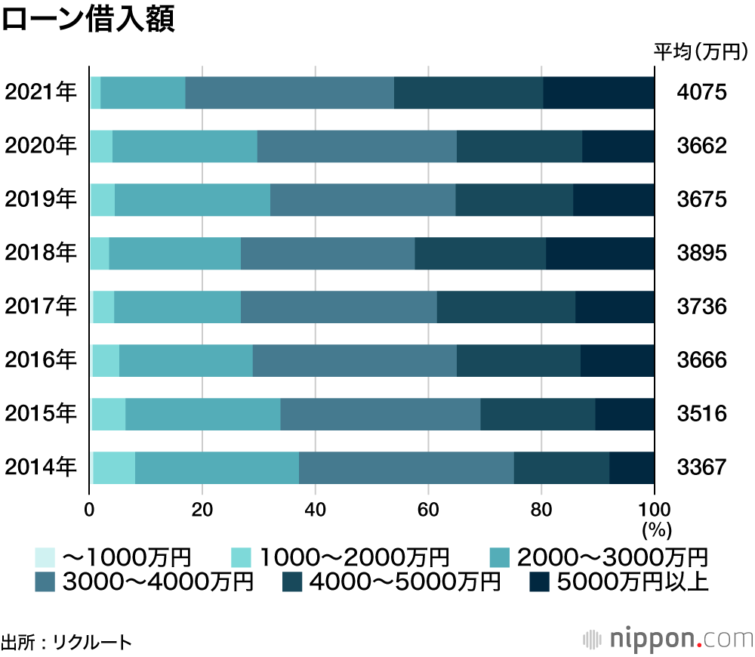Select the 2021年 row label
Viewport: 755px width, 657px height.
[x=41, y=93]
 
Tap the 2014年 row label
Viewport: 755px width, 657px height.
[x=41, y=467]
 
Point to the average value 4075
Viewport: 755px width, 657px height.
[x=701, y=93]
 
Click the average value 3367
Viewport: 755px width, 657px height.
[x=701, y=467]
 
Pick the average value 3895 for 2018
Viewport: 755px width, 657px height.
[x=701, y=253]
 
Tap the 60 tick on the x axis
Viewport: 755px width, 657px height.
[x=428, y=508]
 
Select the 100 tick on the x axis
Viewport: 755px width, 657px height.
[x=654, y=508]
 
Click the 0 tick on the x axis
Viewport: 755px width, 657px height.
[x=90, y=508]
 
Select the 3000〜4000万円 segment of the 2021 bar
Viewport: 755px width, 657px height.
[x=289, y=93]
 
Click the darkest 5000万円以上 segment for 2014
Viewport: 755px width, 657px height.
[x=631, y=467]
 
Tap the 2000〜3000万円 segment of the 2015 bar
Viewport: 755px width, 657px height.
[x=202, y=414]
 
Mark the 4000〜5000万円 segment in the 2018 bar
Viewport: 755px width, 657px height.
[x=480, y=253]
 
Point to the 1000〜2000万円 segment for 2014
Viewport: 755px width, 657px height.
[x=114, y=467]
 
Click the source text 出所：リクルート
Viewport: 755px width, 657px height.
[x=66, y=643]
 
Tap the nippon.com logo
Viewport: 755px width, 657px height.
[x=668, y=638]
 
